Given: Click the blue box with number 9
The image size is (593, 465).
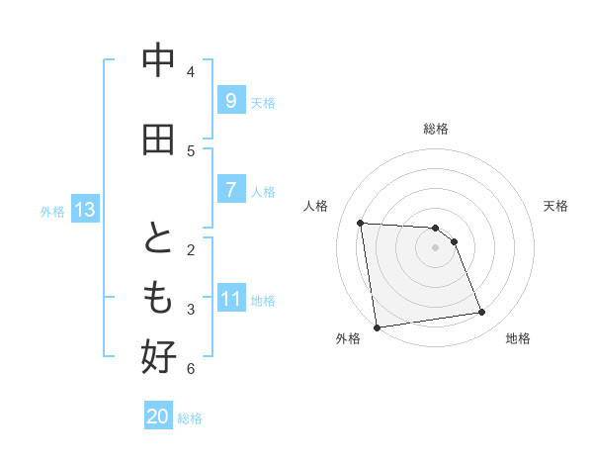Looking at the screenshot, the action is [230, 100].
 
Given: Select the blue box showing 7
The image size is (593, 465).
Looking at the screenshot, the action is [230, 189].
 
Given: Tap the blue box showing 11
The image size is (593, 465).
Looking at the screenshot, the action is [230, 298].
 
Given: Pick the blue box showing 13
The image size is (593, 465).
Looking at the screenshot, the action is [84, 209].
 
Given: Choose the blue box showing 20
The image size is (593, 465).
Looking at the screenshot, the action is [158, 417].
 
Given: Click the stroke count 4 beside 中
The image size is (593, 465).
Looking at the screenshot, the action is [191, 72].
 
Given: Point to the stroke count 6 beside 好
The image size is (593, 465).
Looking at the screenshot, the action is [191, 369].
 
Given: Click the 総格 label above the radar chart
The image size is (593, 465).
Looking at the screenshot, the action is [436, 129].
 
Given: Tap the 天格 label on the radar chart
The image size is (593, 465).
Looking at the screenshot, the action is [556, 206].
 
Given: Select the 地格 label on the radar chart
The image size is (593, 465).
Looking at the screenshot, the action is [518, 338].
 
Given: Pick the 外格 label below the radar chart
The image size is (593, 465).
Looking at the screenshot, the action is [348, 338].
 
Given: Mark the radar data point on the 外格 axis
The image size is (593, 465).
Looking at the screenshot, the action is [377, 326].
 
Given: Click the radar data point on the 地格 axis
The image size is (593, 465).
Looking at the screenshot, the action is [482, 313].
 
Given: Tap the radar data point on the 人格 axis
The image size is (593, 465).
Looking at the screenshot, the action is [361, 223].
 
